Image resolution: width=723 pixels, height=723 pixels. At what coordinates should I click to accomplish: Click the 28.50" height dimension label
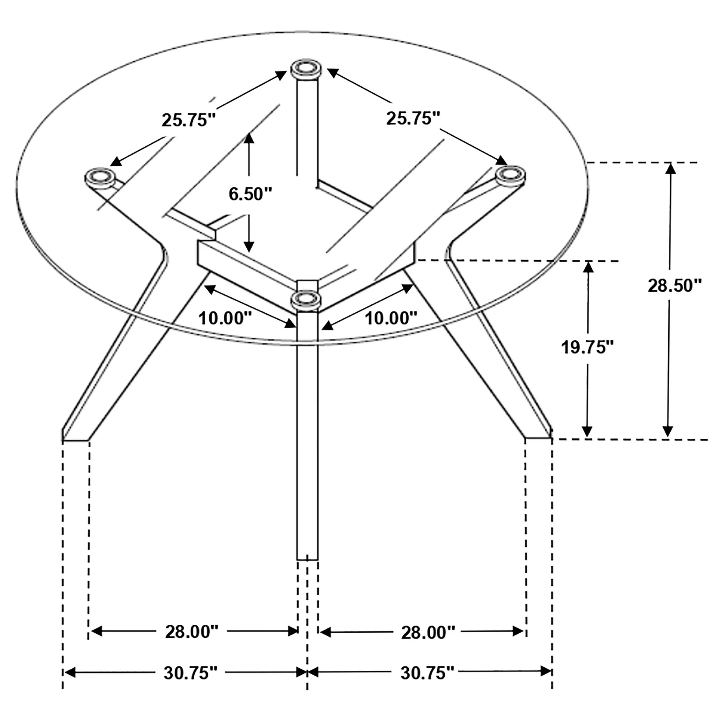click(674, 286)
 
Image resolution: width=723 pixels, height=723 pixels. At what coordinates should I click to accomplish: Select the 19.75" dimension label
click(588, 347)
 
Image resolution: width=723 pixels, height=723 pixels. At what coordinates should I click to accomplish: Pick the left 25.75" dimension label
click(189, 120)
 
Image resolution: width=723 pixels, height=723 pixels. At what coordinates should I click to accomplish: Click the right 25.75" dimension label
click(413, 119)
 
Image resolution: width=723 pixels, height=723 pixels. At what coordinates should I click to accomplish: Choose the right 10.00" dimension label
click(391, 318)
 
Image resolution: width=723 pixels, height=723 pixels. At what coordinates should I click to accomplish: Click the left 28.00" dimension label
click(192, 632)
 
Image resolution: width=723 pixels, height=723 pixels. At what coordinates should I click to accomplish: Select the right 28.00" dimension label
click(428, 633)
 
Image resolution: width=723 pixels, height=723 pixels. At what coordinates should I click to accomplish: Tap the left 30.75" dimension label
click(191, 673)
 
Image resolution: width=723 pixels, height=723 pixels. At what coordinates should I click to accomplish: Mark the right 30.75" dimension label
click(427, 673)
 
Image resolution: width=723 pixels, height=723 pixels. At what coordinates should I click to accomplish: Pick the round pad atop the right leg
click(510, 175)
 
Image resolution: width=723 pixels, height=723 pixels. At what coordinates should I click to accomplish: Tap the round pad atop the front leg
click(306, 299)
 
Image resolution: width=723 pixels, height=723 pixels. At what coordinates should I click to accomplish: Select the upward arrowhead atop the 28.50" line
click(670, 168)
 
